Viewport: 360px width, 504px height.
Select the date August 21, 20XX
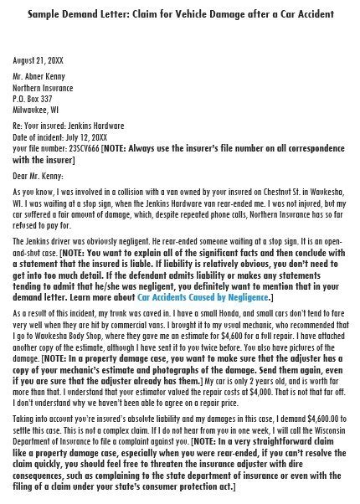[37, 61]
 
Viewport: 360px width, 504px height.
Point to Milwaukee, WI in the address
[36, 108]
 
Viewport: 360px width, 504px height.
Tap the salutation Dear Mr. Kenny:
[39, 175]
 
